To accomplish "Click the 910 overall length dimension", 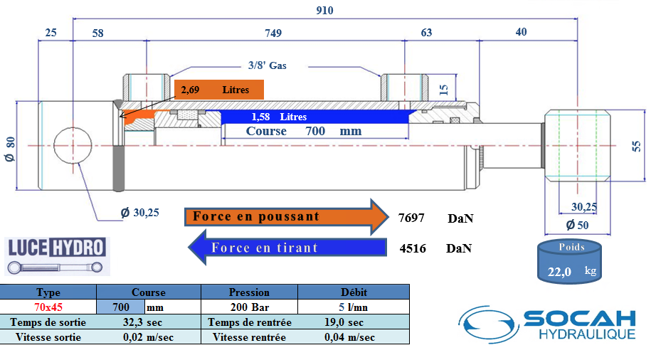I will click(x=326, y=11).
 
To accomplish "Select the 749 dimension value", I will click(x=273, y=33).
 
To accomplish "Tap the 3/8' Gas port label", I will click(x=268, y=65).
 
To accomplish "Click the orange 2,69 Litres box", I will click(x=219, y=90).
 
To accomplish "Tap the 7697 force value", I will click(x=412, y=218).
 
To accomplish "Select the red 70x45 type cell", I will click(x=48, y=307).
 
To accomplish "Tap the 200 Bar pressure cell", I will click(x=249, y=307).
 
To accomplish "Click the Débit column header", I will click(x=353, y=292).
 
